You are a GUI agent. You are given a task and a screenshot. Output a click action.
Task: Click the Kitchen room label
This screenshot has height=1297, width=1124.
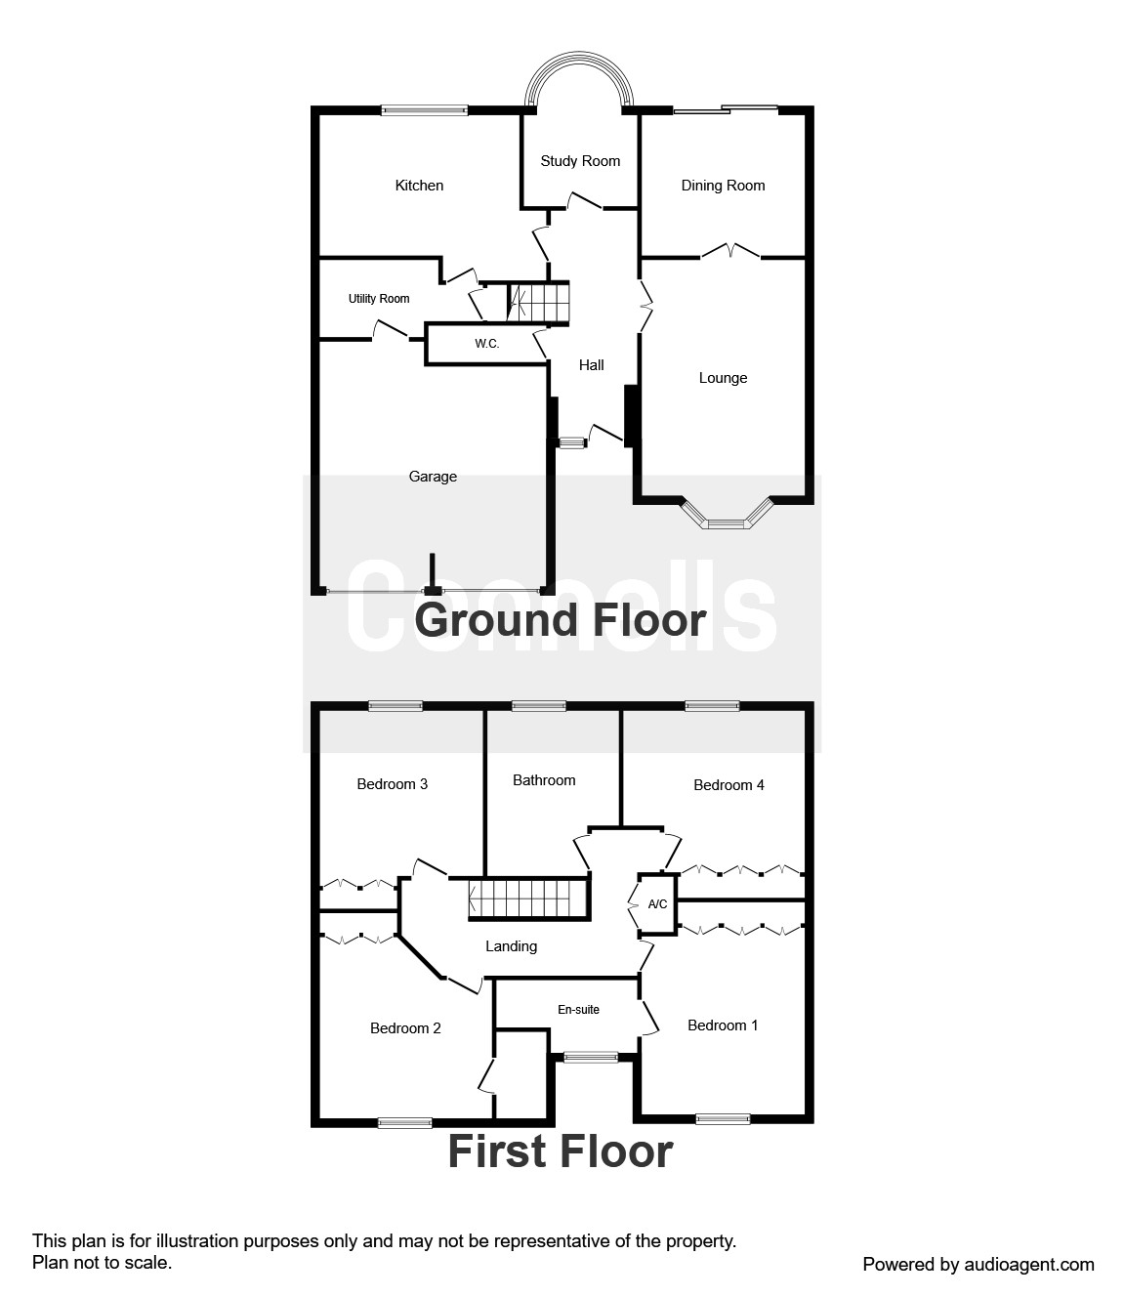point(419,186)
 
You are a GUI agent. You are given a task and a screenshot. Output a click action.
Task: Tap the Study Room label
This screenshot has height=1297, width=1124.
point(580,161)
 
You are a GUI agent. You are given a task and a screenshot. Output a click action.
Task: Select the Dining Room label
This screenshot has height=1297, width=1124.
point(723,186)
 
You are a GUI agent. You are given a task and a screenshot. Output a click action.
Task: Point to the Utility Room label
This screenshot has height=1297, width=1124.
point(379,299)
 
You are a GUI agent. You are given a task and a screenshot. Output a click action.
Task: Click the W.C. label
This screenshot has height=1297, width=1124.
point(486,344)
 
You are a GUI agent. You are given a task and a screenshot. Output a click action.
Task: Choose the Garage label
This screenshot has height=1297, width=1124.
point(433,477)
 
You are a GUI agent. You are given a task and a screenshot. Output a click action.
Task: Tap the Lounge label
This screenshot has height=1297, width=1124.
point(723,378)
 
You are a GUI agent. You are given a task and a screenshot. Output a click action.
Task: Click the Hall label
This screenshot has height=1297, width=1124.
point(591,365)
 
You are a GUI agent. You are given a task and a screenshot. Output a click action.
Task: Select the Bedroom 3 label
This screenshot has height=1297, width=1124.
point(392,784)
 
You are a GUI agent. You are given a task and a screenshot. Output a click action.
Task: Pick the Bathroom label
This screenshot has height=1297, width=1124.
point(544,780)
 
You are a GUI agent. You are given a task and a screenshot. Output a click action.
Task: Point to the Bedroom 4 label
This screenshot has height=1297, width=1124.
point(729,785)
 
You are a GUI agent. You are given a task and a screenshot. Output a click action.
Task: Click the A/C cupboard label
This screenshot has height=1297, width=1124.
point(657,904)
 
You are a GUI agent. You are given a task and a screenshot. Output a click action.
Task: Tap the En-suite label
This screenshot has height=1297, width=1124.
point(578,1010)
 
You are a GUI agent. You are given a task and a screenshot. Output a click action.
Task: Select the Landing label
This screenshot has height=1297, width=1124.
point(511,946)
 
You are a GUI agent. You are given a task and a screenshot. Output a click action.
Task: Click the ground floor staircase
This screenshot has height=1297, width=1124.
point(537,303)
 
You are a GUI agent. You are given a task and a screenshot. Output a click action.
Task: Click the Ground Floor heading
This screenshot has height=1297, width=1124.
point(561,620)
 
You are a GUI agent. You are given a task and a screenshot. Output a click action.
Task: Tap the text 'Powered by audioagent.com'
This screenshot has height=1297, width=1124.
point(978,1265)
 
